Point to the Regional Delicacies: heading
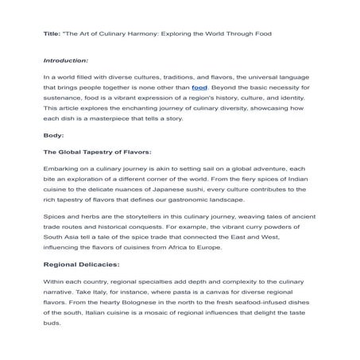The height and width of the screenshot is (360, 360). [80, 263]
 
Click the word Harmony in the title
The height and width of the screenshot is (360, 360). [150, 34]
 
